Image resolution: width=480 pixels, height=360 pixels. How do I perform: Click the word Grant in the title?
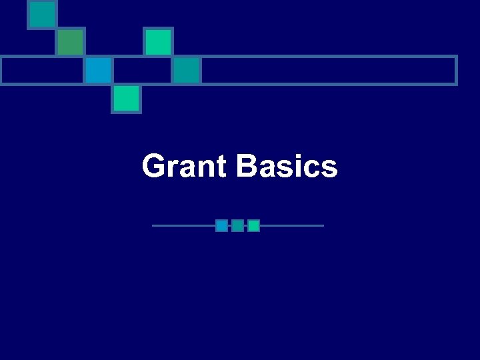point(185,166)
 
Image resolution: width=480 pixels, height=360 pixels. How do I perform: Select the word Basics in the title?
point(287,166)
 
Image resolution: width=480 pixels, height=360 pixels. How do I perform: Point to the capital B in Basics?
point(247,166)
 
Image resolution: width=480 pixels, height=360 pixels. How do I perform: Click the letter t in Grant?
point(221,167)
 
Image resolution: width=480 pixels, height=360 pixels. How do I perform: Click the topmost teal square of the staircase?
point(42,14)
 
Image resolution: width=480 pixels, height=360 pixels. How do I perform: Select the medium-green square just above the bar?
point(70,42)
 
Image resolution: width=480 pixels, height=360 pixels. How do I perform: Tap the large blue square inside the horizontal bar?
point(98,70)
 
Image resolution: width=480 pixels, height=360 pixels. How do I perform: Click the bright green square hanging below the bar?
point(126,99)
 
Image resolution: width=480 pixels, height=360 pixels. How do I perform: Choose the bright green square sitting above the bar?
point(159,42)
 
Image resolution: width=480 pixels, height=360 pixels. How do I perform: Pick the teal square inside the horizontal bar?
point(187,70)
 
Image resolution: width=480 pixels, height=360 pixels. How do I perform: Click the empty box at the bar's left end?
point(42,70)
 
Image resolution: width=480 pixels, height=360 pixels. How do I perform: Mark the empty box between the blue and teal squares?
point(143,70)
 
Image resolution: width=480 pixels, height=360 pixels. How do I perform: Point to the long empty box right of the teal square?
point(329,70)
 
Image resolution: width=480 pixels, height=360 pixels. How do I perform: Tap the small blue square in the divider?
point(221,225)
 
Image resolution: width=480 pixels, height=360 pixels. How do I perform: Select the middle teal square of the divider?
point(237,225)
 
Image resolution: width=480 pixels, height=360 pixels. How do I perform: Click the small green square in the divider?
point(253,225)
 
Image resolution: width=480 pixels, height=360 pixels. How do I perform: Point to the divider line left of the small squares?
point(183,225)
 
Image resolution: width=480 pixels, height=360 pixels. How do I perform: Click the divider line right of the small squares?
point(291,225)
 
